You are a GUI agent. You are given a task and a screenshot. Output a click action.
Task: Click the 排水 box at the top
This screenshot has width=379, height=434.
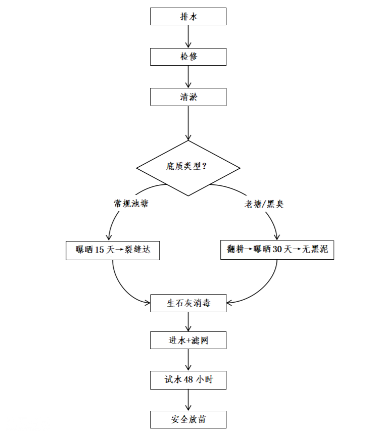pyautogui.click(x=188, y=17)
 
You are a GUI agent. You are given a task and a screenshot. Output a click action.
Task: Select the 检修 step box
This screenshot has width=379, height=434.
pyautogui.click(x=188, y=57)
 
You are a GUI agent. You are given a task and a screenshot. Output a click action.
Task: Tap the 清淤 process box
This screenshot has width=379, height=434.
pyautogui.click(x=188, y=97)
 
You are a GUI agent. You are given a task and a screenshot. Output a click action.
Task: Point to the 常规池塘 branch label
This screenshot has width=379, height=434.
pyautogui.click(x=131, y=204)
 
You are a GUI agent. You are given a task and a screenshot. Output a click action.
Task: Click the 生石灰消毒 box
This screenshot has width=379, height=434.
pyautogui.click(x=188, y=304)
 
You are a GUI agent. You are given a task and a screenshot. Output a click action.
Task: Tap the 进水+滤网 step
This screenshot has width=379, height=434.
pyautogui.click(x=188, y=341)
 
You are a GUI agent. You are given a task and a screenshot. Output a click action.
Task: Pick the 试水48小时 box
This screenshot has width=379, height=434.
pyautogui.click(x=188, y=380)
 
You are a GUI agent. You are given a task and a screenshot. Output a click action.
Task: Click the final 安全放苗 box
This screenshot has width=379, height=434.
pyautogui.click(x=188, y=419)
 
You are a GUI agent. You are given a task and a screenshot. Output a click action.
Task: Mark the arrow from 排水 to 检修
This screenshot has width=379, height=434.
pyautogui.click(x=188, y=36)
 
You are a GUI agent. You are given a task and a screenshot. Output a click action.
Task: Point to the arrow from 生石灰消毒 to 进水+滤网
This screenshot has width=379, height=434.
pyautogui.click(x=188, y=322)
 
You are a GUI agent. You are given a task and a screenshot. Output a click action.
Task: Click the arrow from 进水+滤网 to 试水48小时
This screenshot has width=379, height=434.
pyautogui.click(x=188, y=360)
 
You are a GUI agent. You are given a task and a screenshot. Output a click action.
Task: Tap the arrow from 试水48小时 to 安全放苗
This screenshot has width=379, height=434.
pyautogui.click(x=188, y=400)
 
